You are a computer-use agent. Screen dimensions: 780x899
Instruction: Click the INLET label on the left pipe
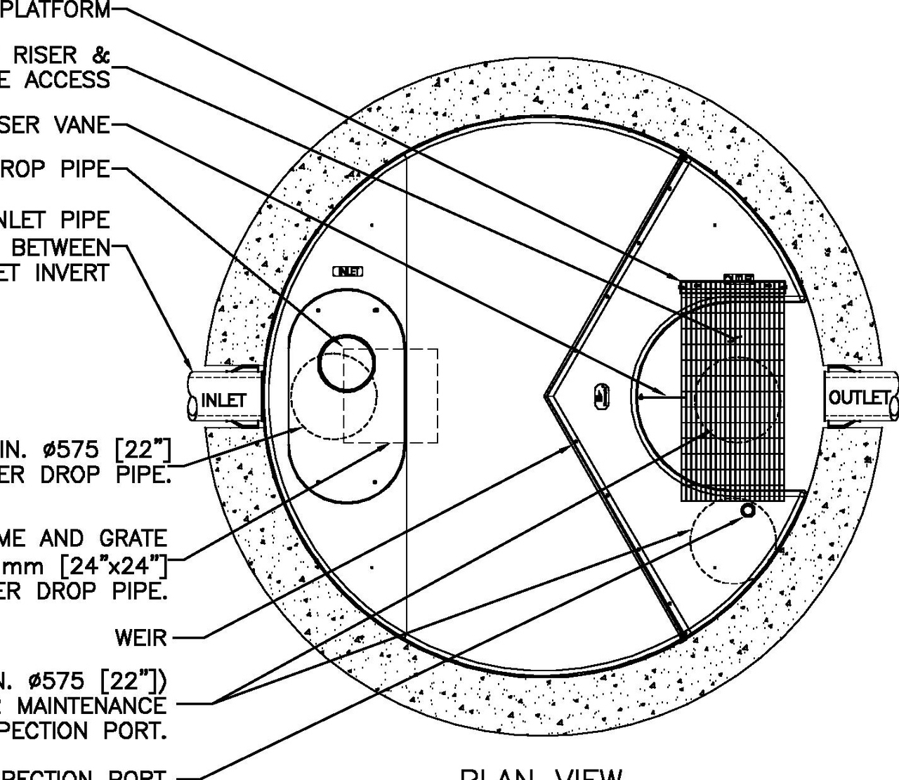224,400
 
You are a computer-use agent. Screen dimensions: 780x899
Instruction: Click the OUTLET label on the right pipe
859,397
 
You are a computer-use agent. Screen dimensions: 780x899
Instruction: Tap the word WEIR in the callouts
141,637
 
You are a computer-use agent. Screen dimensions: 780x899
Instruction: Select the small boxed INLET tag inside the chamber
348,271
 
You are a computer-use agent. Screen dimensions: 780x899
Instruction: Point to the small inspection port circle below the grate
748,510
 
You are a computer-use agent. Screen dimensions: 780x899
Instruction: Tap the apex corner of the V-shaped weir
546,396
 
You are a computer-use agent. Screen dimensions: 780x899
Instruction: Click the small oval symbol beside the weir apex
601,395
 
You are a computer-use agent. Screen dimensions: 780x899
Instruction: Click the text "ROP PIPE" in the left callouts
55,169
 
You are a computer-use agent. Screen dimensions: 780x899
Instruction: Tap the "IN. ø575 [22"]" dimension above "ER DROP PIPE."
85,448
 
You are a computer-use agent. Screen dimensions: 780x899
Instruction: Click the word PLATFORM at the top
55,10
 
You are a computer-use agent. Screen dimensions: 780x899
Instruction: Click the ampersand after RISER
100,54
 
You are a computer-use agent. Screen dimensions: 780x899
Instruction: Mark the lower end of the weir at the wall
682,635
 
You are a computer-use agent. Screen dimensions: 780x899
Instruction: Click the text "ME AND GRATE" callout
84,538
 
